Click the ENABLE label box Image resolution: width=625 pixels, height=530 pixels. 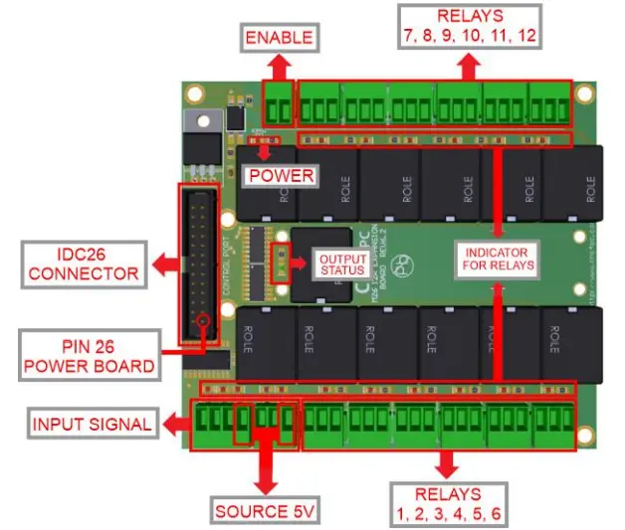[280, 39]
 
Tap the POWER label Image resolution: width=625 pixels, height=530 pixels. [281, 176]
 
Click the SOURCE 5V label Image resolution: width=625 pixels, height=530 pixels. [266, 512]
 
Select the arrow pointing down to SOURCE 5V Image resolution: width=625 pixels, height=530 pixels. [266, 467]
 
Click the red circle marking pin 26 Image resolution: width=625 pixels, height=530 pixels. [204, 322]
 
